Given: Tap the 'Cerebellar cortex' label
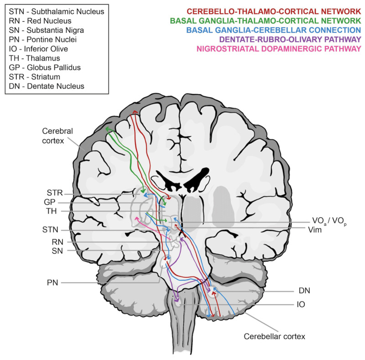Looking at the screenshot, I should click(274, 337).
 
